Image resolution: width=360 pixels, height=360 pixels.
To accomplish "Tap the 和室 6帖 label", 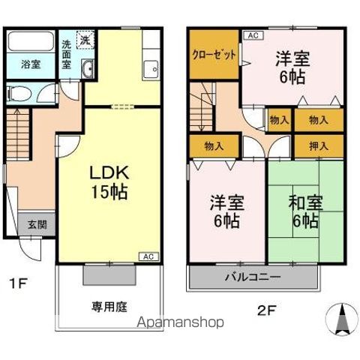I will pos(304,212).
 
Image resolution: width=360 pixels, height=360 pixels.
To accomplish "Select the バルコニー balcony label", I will pos(252,277).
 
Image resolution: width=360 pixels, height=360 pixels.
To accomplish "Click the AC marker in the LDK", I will pos(148,256).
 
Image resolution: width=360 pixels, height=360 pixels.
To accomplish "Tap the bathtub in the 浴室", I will pos(30,41).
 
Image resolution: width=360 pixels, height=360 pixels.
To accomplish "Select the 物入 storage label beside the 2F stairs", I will pos(204,145).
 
